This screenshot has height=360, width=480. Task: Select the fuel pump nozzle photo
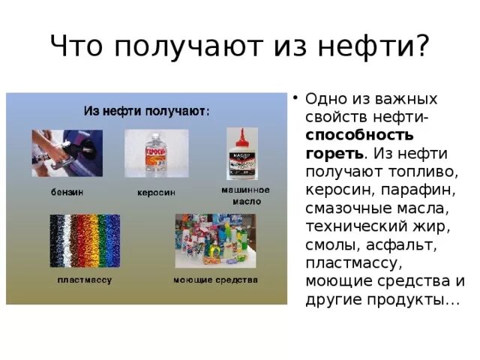click(67, 153)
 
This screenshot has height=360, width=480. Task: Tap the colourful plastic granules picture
click(84, 241)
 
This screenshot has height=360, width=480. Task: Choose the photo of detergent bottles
click(215, 241)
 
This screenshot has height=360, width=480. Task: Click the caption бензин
click(67, 192)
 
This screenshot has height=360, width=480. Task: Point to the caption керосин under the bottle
click(156, 193)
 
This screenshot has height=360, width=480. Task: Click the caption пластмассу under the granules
click(84, 280)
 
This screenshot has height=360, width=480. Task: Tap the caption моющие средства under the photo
click(215, 280)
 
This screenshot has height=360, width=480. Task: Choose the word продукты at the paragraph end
click(408, 299)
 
